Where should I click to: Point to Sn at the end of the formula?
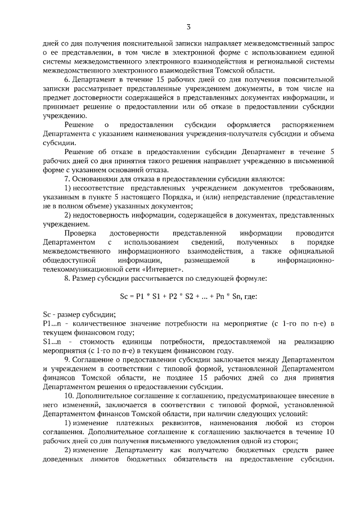click(x=233, y=296)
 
